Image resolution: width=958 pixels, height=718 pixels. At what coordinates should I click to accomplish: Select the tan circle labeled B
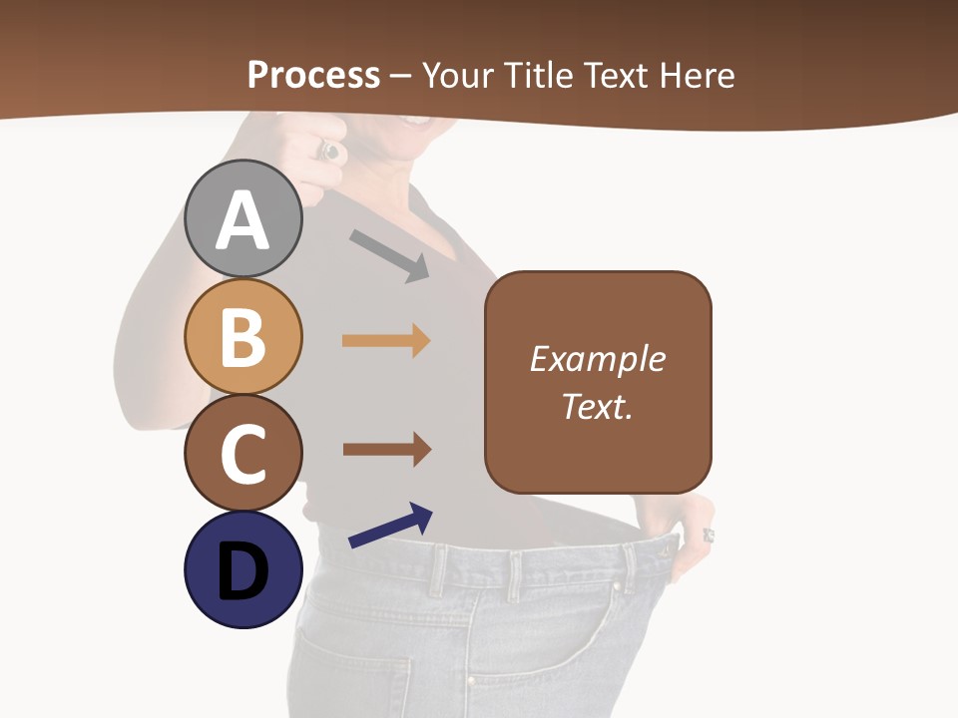point(243,336)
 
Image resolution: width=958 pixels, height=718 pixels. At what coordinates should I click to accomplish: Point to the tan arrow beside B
point(386,341)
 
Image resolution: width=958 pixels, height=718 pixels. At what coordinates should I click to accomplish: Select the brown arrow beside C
point(386,449)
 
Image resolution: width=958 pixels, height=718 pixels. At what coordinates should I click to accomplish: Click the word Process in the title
point(313,75)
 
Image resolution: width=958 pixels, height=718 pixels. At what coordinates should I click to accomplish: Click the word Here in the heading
point(699,75)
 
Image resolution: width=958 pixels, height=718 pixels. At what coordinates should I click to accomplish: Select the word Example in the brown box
point(597,359)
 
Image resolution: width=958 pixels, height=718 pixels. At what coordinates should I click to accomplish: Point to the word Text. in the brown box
point(597,407)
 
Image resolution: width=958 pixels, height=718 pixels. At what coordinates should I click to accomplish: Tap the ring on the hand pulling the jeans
point(709,536)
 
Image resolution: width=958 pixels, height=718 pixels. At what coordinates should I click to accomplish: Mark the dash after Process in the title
point(401,77)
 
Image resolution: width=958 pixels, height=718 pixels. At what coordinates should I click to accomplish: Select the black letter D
point(242,572)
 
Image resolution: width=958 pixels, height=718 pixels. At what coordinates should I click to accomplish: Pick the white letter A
point(243,220)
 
